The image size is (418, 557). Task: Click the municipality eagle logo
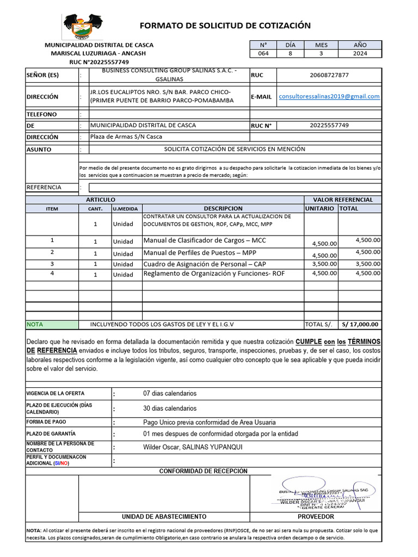tap(83, 27)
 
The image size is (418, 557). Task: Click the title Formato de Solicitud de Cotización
tap(225, 26)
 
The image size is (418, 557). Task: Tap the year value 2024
tap(360, 53)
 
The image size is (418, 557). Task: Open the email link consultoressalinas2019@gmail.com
tap(329, 96)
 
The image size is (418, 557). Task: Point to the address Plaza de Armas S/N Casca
tap(126, 137)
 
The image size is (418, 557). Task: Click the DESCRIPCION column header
tap(223, 208)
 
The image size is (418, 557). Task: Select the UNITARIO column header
tap(320, 208)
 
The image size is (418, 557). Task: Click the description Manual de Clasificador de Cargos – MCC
tap(205, 240)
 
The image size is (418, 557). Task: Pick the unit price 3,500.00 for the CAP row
tap(324, 264)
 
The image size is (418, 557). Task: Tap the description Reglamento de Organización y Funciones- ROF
tap(214, 274)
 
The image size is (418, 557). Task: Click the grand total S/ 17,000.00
tap(360, 324)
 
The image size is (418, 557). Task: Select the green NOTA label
tap(35, 324)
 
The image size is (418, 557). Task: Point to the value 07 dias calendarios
tap(170, 393)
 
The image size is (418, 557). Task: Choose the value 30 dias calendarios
tap(170, 408)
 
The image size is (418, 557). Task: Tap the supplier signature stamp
tap(323, 495)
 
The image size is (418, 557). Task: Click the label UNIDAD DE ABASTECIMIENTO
tap(164, 516)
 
